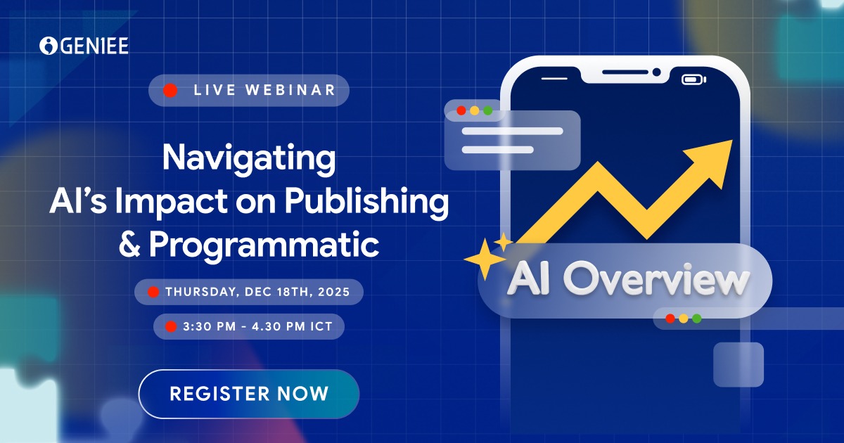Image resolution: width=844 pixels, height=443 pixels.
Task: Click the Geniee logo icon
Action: (x=49, y=46)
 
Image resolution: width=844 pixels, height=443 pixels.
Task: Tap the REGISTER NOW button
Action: (x=248, y=393)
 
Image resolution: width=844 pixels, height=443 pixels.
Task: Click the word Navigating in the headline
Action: (x=248, y=158)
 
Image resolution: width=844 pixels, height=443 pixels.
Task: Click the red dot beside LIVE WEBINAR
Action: (x=170, y=90)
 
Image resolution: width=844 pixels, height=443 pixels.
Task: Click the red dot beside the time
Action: (x=170, y=326)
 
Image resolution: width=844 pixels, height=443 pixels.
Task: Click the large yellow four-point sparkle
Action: (x=484, y=259)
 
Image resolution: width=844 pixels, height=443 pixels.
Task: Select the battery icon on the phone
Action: (x=693, y=79)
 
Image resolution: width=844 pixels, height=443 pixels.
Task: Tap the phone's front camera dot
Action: (x=656, y=72)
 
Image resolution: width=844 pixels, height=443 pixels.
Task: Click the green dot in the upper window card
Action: (x=487, y=110)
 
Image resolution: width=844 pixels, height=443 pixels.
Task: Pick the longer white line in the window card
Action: (x=512, y=131)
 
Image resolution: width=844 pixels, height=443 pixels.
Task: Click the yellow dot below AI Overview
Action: (x=683, y=318)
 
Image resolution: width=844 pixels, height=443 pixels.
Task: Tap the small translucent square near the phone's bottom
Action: (x=738, y=364)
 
